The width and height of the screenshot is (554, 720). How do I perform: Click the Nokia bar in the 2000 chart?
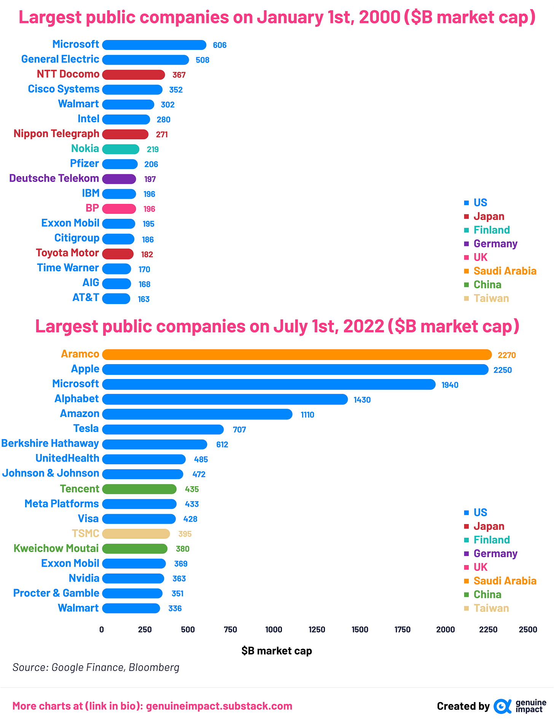click(x=121, y=149)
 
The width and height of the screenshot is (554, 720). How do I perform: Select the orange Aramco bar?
click(x=297, y=355)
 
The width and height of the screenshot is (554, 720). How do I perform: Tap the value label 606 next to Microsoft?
click(x=220, y=45)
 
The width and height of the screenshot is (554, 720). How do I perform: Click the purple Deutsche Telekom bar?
click(x=119, y=179)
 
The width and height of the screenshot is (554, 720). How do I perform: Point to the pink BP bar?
click(x=119, y=209)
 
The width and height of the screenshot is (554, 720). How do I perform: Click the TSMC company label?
click(x=86, y=534)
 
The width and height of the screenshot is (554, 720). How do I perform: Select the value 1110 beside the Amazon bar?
click(x=307, y=415)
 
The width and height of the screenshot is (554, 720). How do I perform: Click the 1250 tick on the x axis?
click(x=317, y=629)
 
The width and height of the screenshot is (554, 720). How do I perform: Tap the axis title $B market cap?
click(x=277, y=651)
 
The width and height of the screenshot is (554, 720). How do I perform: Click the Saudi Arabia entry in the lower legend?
click(x=505, y=581)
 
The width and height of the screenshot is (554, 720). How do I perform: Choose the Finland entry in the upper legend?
click(x=491, y=230)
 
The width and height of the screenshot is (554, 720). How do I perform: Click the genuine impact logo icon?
click(x=502, y=706)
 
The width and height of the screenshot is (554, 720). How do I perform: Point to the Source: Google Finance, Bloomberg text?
click(x=96, y=667)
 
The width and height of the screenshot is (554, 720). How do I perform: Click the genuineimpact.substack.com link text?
click(x=219, y=706)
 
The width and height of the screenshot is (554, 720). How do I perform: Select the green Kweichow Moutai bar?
click(x=135, y=549)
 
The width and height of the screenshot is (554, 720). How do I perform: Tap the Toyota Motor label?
click(x=67, y=253)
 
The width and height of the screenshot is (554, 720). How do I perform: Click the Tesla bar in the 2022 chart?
click(x=163, y=429)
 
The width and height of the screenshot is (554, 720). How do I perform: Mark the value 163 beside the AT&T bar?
click(x=143, y=299)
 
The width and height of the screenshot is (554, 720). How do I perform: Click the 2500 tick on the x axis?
click(x=528, y=629)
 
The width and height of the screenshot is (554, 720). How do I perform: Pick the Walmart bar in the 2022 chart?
click(x=131, y=608)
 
